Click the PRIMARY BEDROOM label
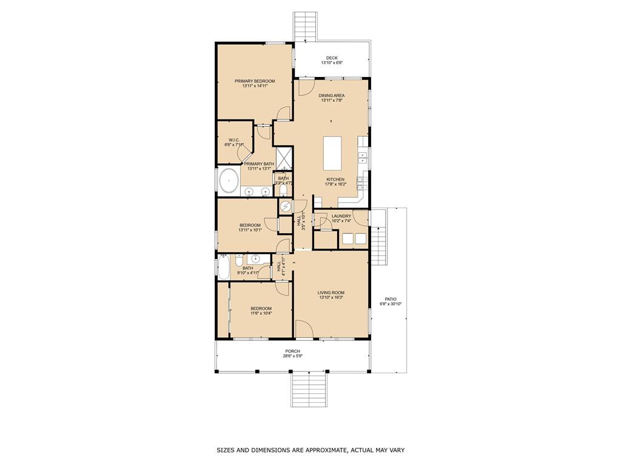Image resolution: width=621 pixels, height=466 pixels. click(255, 81)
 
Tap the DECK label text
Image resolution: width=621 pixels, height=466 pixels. click(332, 58)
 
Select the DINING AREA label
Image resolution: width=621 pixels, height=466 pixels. click(332, 95)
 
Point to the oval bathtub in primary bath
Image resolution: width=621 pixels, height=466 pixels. click(229, 181)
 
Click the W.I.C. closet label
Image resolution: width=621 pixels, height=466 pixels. click(234, 140)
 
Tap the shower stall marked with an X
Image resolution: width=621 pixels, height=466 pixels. click(284, 158)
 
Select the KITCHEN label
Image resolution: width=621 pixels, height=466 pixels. click(335, 180)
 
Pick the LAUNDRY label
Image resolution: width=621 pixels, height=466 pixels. click(341, 216)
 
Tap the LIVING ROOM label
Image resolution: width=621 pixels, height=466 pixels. click(331, 292)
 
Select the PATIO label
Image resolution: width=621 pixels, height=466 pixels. click(391, 299)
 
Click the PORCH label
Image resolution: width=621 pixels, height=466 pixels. click(293, 351)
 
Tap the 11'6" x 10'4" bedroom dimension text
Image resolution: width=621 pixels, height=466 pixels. click(261, 313)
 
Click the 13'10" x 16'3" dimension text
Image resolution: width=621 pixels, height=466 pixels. click(331, 297)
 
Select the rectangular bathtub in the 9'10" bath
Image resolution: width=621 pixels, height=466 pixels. click(223, 267)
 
